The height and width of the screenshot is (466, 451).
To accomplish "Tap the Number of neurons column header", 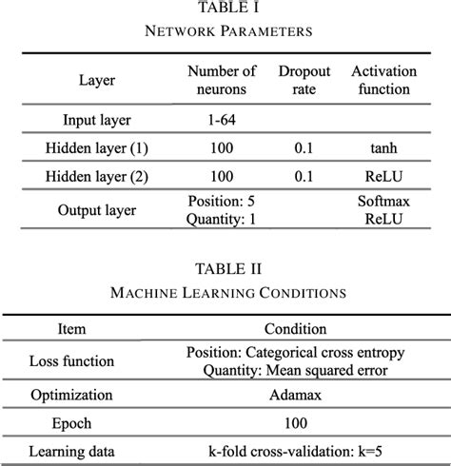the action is pos(221,80).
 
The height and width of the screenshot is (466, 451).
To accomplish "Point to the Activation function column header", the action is pos(381,80).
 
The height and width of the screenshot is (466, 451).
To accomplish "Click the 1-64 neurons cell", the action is pos(221,121).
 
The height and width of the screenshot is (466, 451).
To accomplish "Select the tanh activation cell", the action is pos(381,149).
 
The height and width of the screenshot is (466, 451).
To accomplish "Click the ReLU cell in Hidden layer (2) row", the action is pos(381,178).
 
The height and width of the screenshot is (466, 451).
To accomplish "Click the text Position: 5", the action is pos(221,203).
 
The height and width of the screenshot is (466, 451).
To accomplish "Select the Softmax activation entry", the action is pos(381,203).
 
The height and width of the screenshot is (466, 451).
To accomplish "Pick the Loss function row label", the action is pos(71,361).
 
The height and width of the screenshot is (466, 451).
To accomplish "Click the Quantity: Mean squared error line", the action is pos(295,369).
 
